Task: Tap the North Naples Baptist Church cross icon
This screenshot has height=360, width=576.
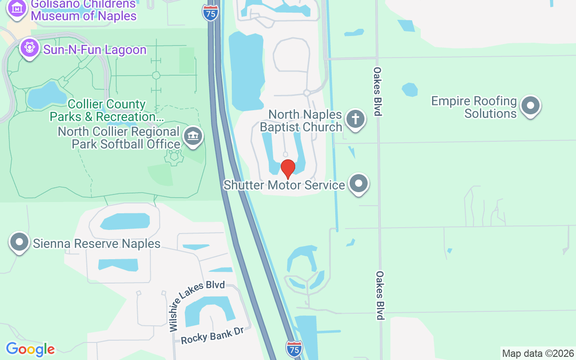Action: [x=355, y=119]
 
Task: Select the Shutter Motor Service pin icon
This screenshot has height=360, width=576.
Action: [x=359, y=184]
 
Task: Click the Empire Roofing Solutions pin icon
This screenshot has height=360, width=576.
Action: [x=530, y=106]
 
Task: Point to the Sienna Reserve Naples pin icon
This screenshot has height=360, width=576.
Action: [x=19, y=242]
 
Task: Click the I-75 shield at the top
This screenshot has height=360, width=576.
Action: [x=211, y=13]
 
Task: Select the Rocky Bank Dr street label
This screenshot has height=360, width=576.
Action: [x=212, y=336]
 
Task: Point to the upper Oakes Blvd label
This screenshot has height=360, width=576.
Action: [x=378, y=91]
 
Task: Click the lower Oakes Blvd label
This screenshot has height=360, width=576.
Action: [x=380, y=295]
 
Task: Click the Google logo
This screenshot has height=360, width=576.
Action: [x=30, y=349]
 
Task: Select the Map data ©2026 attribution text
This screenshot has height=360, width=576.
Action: [x=538, y=354]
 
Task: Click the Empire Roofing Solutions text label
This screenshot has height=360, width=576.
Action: [x=474, y=107]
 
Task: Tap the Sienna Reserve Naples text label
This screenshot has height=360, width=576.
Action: [x=97, y=243]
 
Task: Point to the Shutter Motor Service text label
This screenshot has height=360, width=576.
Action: [x=284, y=185]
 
